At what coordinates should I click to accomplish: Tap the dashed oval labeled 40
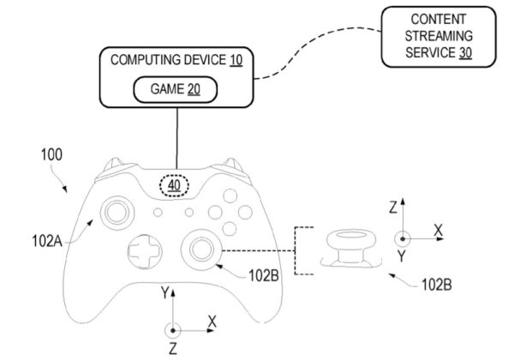coord(175,183)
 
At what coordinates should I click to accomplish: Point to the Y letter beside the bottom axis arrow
coord(164,293)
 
